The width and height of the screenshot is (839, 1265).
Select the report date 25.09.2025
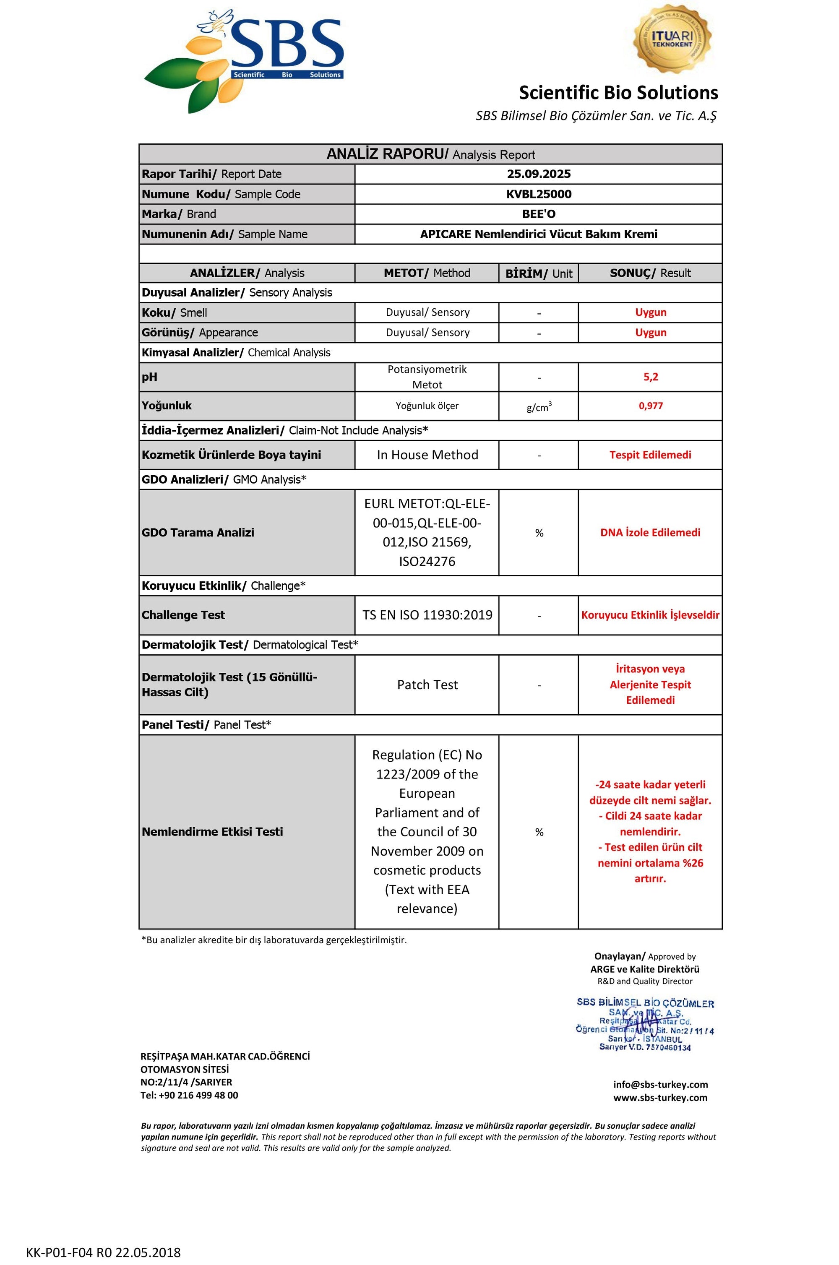click(x=538, y=174)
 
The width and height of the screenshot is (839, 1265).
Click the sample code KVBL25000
click(x=538, y=194)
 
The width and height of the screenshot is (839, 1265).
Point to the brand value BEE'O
click(x=538, y=214)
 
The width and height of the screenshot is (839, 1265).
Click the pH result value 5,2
click(x=650, y=377)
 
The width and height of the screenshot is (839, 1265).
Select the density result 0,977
click(x=650, y=406)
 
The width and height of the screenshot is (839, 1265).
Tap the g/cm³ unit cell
click(x=538, y=407)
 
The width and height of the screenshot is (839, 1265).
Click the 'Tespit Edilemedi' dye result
click(x=650, y=455)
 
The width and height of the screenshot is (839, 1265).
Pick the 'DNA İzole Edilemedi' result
click(x=650, y=532)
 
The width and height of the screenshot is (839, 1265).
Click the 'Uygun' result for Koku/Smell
click(x=650, y=312)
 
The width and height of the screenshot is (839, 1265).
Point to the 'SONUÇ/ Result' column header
click(x=650, y=273)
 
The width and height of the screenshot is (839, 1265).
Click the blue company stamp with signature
click(x=645, y=1024)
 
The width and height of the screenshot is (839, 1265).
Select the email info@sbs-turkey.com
click(x=660, y=1084)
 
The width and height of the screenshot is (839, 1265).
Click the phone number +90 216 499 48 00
click(x=198, y=1095)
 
